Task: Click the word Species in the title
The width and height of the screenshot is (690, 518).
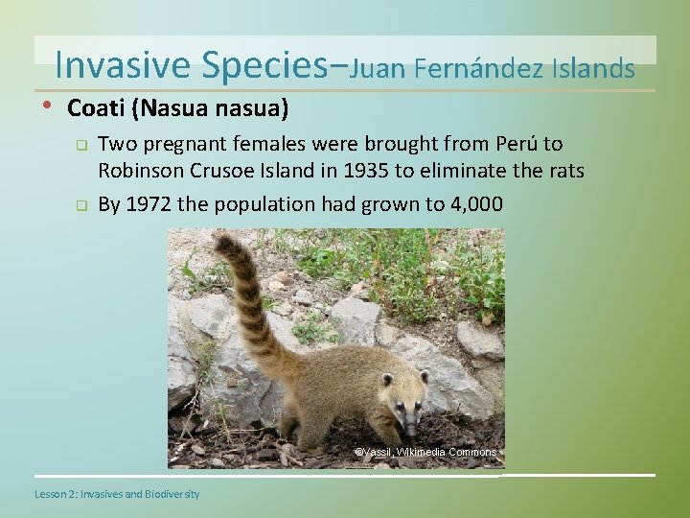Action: (x=264, y=64)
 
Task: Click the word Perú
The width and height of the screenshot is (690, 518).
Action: (x=521, y=144)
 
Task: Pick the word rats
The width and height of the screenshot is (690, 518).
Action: (x=563, y=173)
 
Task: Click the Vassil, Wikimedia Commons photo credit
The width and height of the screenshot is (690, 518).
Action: (x=425, y=452)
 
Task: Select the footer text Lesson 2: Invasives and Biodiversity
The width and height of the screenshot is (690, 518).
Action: (x=117, y=494)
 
